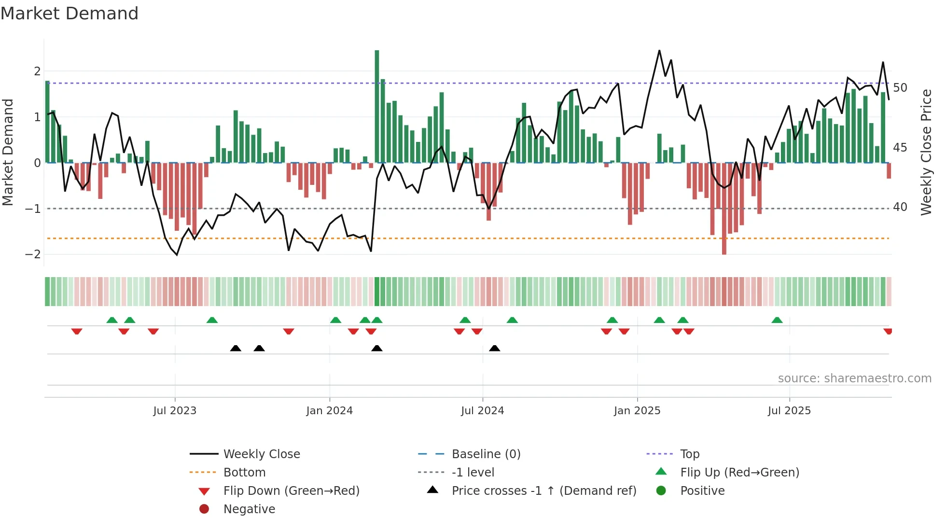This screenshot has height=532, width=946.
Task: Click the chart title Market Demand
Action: (70, 14)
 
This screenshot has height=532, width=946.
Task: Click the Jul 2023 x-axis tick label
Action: (175, 411)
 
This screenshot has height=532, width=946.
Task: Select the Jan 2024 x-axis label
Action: (330, 411)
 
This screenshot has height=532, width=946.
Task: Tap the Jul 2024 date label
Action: (482, 411)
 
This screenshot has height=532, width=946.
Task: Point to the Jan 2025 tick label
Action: (637, 411)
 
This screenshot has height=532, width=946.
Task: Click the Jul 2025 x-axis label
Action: (789, 411)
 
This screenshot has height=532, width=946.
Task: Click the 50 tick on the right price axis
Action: (900, 88)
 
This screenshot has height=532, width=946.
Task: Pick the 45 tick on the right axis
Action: (900, 148)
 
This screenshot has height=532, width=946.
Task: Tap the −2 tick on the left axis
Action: (33, 254)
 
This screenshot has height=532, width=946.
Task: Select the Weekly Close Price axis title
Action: (926, 152)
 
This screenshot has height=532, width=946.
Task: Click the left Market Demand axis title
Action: (8, 152)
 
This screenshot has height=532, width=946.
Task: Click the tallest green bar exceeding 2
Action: (377, 106)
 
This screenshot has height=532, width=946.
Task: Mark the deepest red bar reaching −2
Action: (724, 209)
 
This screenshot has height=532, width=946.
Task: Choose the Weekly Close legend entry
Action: (261, 454)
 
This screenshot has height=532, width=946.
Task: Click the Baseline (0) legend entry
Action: (486, 454)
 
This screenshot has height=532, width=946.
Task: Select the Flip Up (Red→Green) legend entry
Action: (739, 473)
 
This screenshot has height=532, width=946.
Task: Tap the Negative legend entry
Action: (249, 509)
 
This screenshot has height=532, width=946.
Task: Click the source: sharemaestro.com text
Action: (854, 378)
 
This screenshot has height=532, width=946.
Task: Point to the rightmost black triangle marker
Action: (494, 348)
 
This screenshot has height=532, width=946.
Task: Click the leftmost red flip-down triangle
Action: (77, 331)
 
